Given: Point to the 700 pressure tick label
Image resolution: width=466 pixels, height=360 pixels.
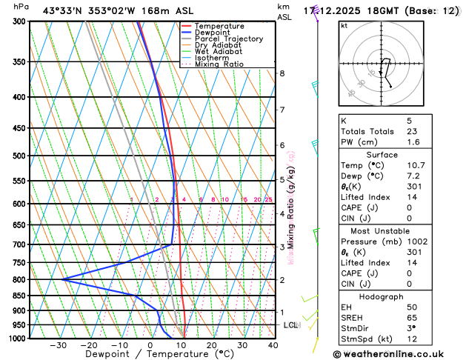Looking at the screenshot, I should (x=21, y=244).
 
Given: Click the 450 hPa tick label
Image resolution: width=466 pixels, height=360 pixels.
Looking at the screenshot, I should (x=21, y=128).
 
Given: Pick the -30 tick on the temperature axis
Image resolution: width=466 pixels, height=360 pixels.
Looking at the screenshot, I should (x=58, y=345).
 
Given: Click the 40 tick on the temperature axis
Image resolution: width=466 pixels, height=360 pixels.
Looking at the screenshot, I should (x=273, y=345).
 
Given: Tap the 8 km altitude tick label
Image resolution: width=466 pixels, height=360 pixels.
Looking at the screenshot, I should (x=282, y=73).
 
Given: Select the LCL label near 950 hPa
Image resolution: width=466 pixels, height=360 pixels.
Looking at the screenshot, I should (x=290, y=325).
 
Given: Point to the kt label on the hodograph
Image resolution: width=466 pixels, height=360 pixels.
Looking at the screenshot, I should (x=344, y=25).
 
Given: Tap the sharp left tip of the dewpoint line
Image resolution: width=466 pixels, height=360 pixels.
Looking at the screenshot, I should (x=63, y=279).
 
